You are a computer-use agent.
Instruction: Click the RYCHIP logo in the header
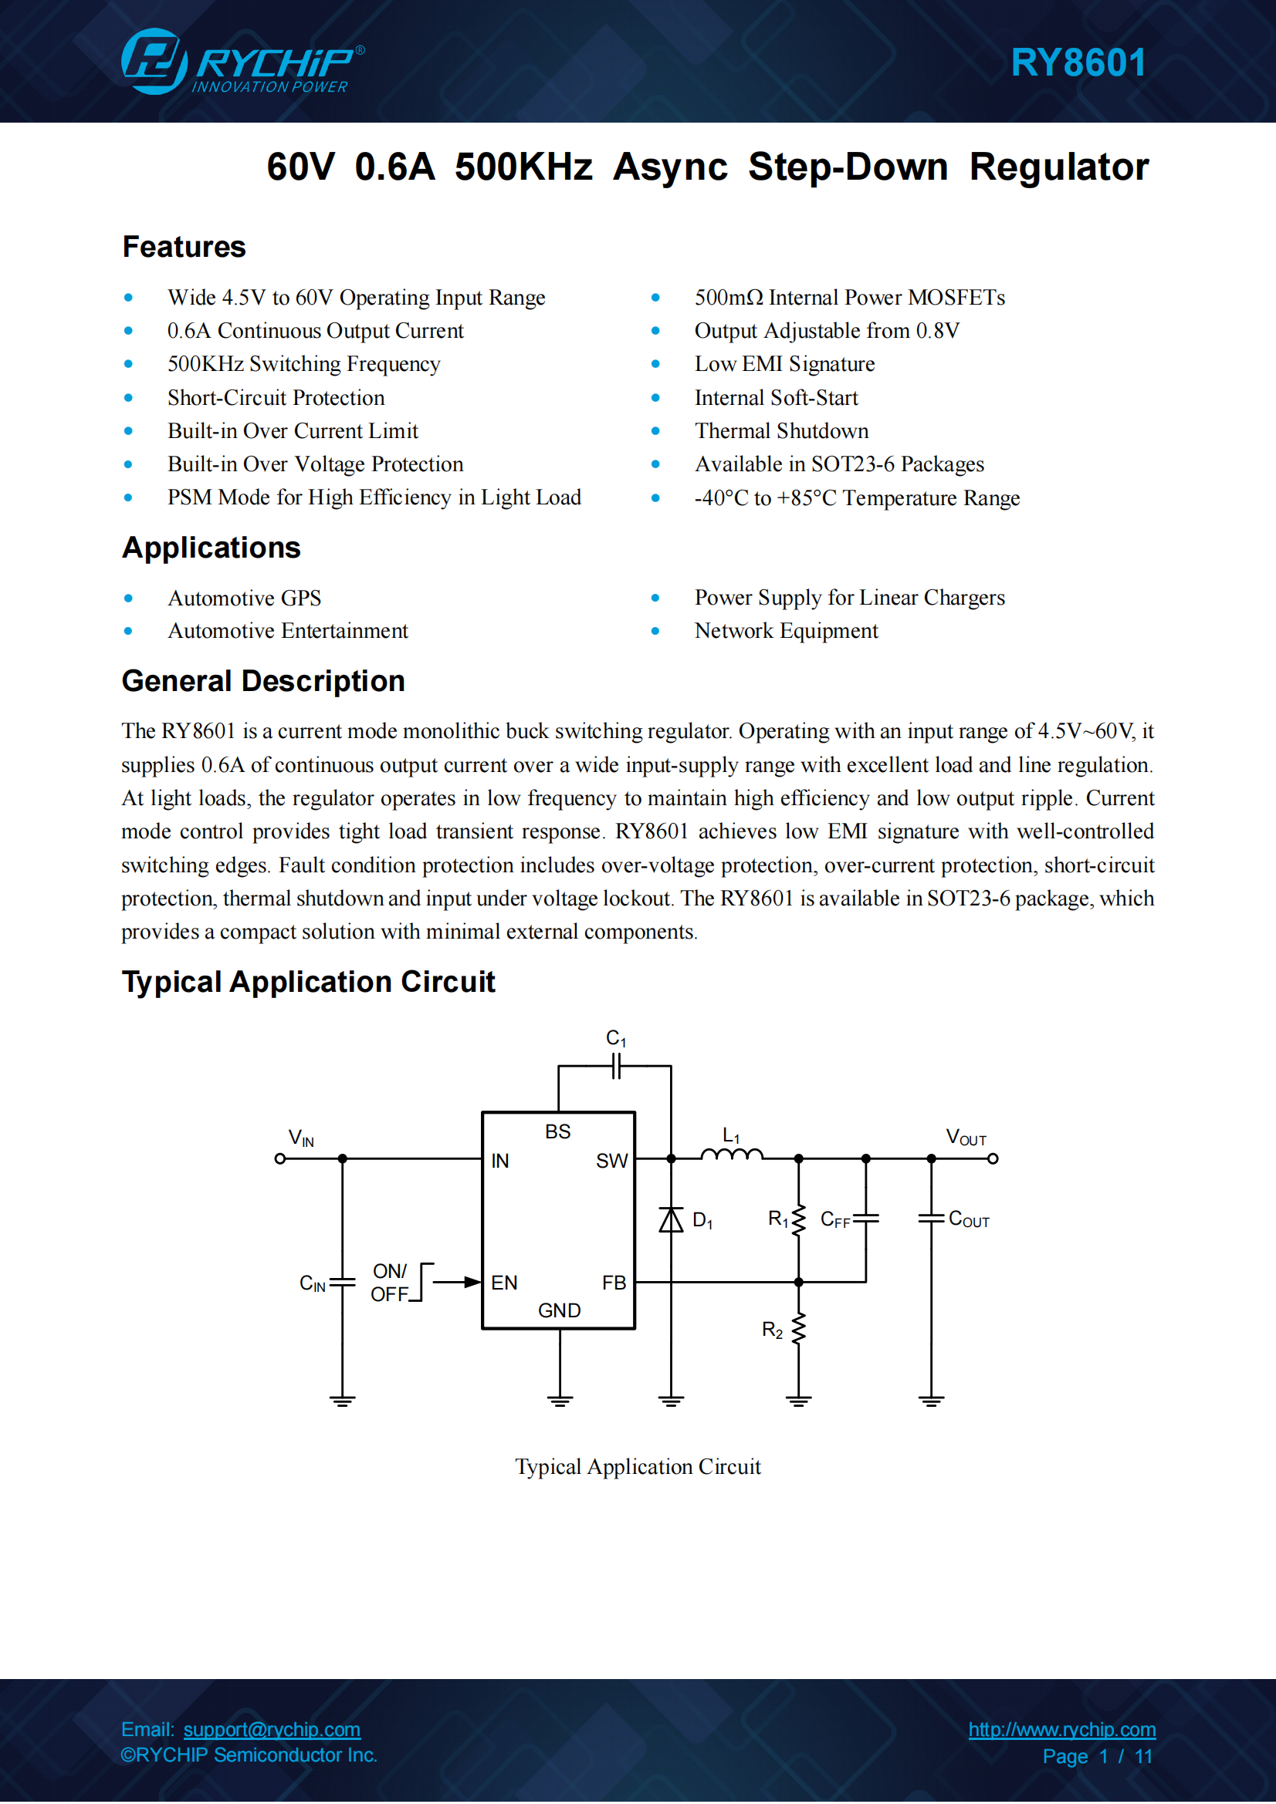pyautogui.click(x=243, y=61)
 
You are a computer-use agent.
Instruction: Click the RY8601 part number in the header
pyautogui.click(x=1078, y=62)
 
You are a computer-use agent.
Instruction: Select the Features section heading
pyautogui.click(x=184, y=247)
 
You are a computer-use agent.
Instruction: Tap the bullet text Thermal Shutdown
pyautogui.click(x=781, y=430)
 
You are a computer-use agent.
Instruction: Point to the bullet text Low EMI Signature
pyautogui.click(x=784, y=364)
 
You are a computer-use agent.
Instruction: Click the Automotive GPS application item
pyautogui.click(x=245, y=598)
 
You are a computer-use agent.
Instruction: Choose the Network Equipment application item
pyautogui.click(x=786, y=631)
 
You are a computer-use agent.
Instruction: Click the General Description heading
pyautogui.click(x=263, y=681)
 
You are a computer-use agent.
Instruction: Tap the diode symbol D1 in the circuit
pyautogui.click(x=671, y=1219)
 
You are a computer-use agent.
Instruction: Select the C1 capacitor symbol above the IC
pyautogui.click(x=616, y=1066)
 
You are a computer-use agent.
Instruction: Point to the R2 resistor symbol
pyautogui.click(x=799, y=1329)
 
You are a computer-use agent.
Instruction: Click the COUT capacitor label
pyautogui.click(x=970, y=1219)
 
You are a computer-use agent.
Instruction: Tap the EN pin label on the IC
pyautogui.click(x=504, y=1283)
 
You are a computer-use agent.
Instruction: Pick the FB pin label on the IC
pyautogui.click(x=614, y=1283)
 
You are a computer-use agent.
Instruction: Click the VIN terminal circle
pyautogui.click(x=280, y=1158)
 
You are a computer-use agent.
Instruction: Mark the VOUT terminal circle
pyautogui.click(x=993, y=1158)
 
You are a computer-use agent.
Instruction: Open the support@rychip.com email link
pyautogui.click(x=272, y=1729)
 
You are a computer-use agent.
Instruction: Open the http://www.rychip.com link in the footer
pyautogui.click(x=1062, y=1729)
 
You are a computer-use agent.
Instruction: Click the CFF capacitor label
pyautogui.click(x=835, y=1219)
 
